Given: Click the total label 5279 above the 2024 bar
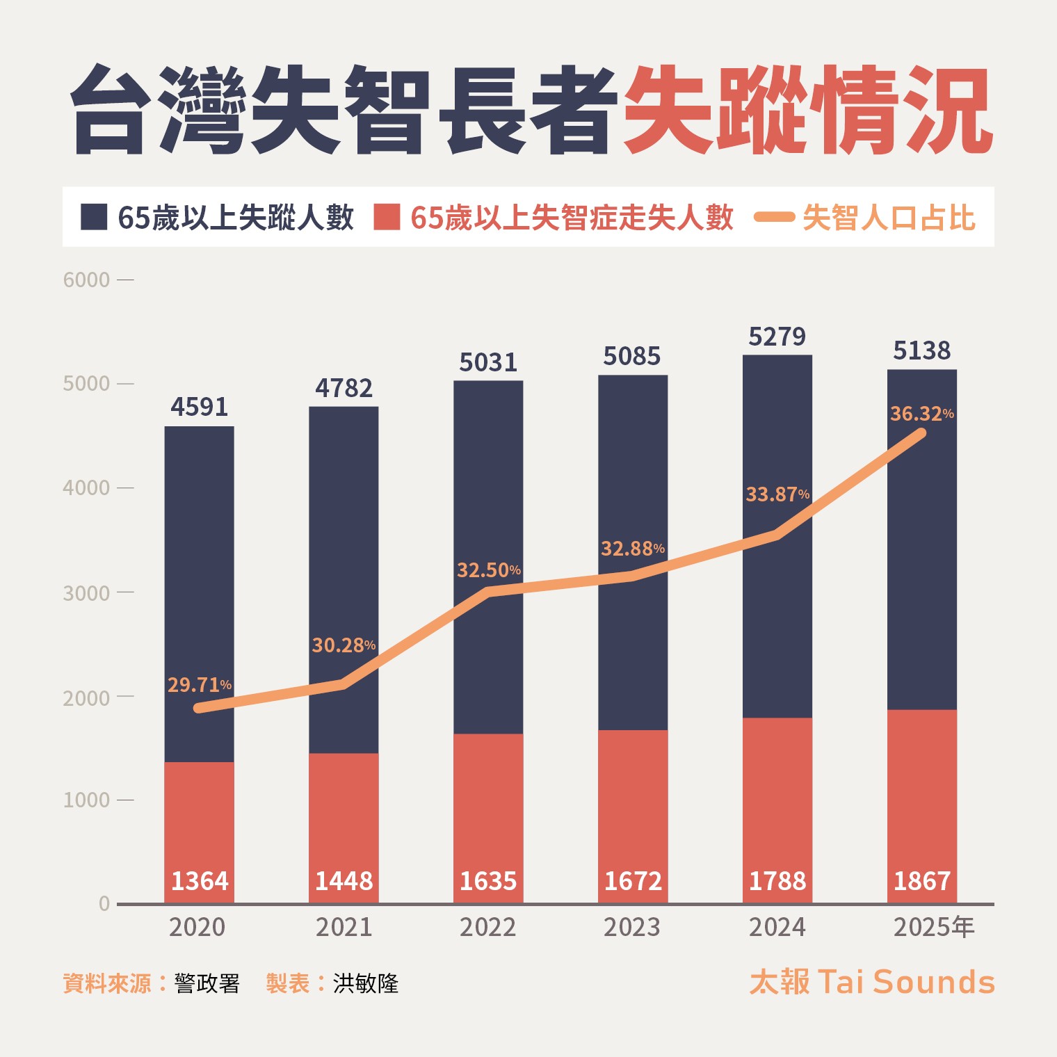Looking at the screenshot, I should (777, 337).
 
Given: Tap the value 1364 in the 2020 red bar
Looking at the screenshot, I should (200, 881).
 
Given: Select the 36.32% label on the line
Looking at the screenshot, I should (921, 414).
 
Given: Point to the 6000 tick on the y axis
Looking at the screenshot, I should (86, 280).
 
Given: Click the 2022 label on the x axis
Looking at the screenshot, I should (487, 927).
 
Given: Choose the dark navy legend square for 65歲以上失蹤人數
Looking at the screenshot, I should (94, 217).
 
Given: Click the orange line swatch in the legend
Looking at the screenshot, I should (774, 217).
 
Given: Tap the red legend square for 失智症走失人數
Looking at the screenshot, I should (387, 217).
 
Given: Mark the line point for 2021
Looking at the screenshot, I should (344, 684).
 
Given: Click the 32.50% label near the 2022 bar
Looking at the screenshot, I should (488, 570).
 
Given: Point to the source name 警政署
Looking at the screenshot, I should (207, 983).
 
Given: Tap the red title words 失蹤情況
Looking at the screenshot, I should (807, 110).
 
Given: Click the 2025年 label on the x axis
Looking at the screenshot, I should (933, 927).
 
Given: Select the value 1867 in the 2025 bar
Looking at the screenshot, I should (921, 881).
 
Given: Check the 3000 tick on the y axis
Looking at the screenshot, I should (86, 592).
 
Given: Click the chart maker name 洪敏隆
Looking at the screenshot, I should (366, 983).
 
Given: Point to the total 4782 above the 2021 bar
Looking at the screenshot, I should (344, 388).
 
